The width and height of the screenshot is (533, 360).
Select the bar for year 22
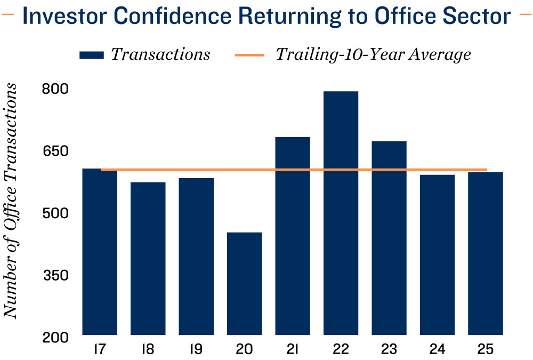pos(341,213)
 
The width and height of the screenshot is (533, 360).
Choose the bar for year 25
pos(486,253)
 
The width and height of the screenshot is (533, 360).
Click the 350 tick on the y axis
pos(55,275)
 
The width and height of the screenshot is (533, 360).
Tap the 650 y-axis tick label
pos(55,151)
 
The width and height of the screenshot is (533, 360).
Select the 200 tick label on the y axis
pos(55,337)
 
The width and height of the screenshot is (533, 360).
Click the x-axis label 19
pos(196,350)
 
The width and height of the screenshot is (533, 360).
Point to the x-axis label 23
pos(389,350)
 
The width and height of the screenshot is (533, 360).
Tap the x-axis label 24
pos(437,350)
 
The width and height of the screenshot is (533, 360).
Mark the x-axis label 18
pos(148,350)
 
